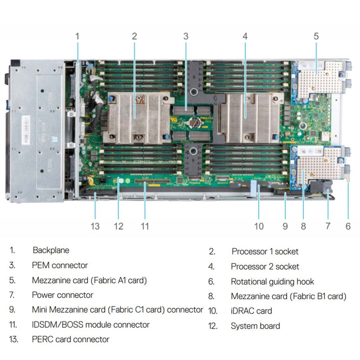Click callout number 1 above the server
tap(77, 36)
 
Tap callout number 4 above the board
tap(245, 36)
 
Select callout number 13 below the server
tap(95, 226)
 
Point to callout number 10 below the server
tap(259, 226)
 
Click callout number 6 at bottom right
tap(348, 226)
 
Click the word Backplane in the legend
tap(51, 250)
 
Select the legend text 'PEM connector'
tap(60, 265)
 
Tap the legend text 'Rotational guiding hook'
tap(272, 282)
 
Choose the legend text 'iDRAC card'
tap(251, 311)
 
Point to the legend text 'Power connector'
tap(63, 295)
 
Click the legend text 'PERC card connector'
tap(71, 339)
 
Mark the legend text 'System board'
tap(255, 326)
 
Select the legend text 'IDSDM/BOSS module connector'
tap(90, 324)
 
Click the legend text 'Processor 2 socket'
tap(265, 266)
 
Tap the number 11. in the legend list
tap(13, 324)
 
